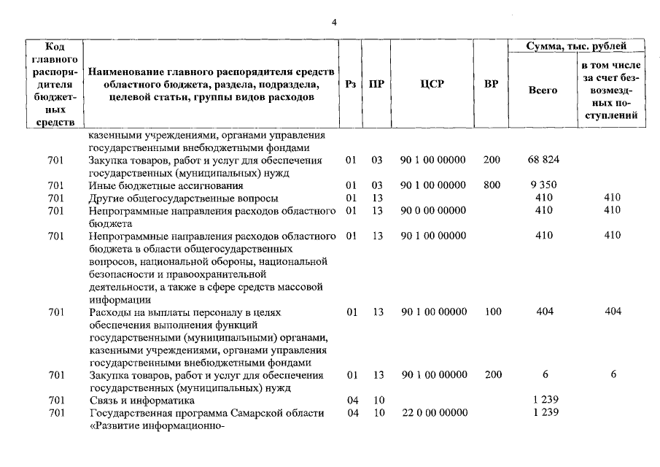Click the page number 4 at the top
point(334,22)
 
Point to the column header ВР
point(492,84)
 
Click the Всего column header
point(543,90)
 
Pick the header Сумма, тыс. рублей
point(576,47)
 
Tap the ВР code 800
point(492,185)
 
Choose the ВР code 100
point(492,312)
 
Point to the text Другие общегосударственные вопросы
point(182,198)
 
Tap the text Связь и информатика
point(141,401)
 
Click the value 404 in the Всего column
point(543,312)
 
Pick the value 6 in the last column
point(613,375)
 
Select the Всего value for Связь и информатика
point(543,401)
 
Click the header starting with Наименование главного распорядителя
point(211,84)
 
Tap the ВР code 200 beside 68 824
point(492,159)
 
